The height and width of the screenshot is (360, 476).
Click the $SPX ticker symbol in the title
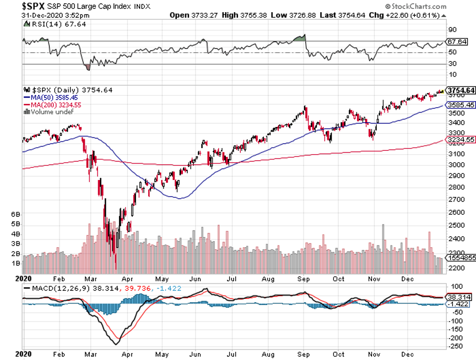click(x=19, y=6)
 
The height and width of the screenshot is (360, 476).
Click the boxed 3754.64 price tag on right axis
click(x=461, y=90)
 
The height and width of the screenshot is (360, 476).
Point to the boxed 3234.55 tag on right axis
click(x=461, y=140)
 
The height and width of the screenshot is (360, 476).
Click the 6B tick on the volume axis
click(x=16, y=214)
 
